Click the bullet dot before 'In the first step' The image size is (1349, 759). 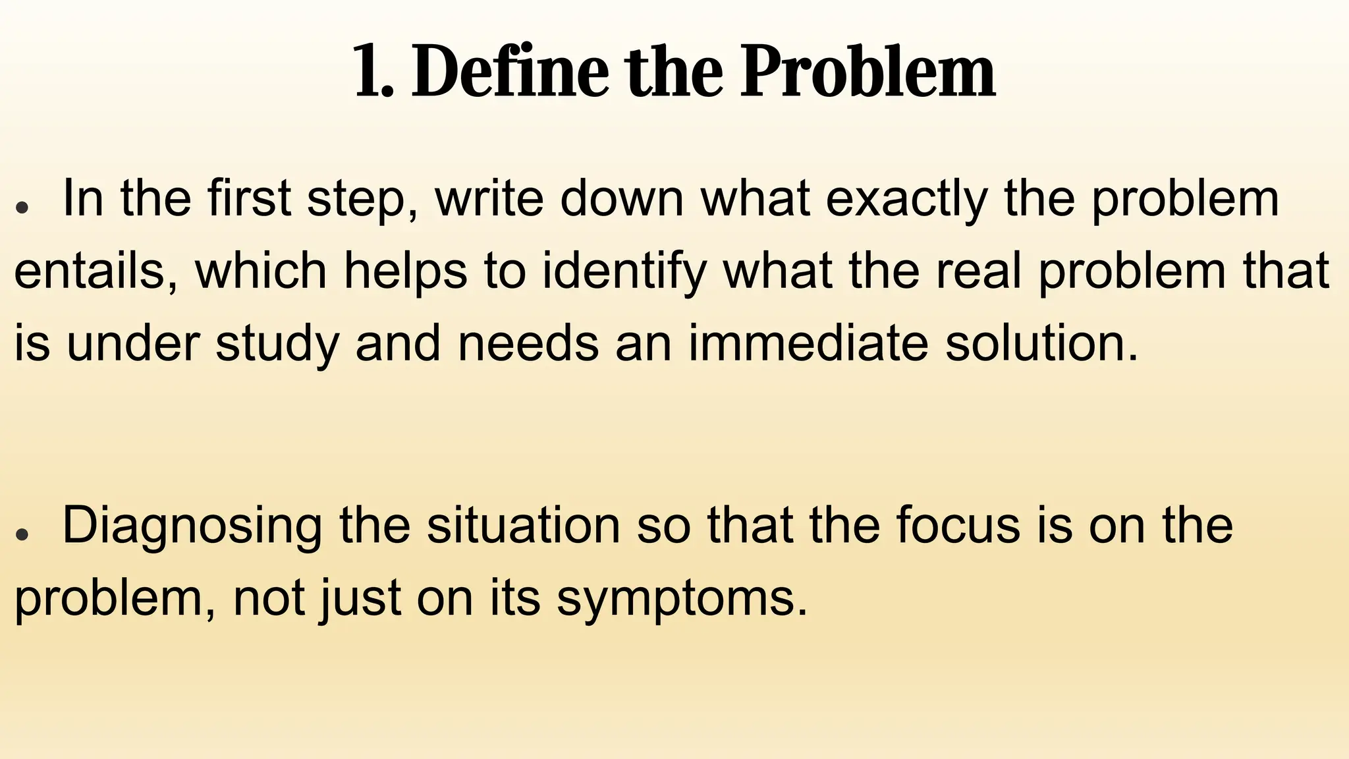pos(22,206)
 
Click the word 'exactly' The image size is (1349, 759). pos(907,200)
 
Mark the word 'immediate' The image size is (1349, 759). pos(808,343)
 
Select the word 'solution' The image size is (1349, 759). pos(1041,343)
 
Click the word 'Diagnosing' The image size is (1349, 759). pos(192,527)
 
